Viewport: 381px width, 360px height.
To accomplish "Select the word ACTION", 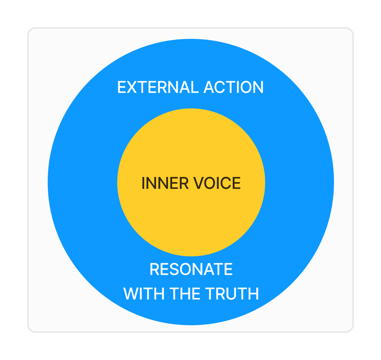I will pyautogui.click(x=234, y=87).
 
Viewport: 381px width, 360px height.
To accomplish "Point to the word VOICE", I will pyautogui.click(x=217, y=183).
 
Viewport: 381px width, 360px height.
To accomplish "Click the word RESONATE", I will pyautogui.click(x=191, y=269).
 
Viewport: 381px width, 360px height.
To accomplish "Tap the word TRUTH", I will pyautogui.click(x=232, y=294).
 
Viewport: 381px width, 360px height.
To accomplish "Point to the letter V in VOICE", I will pyautogui.click(x=199, y=183).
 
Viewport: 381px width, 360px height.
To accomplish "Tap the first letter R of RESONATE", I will pyautogui.click(x=154, y=269).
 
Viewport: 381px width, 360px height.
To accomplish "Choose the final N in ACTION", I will pyautogui.click(x=258, y=87).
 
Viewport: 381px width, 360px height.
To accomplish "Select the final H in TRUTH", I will pyautogui.click(x=254, y=294).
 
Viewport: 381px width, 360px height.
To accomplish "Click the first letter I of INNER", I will pyautogui.click(x=143, y=183).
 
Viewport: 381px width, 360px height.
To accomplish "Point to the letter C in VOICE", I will pyautogui.click(x=226, y=183).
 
